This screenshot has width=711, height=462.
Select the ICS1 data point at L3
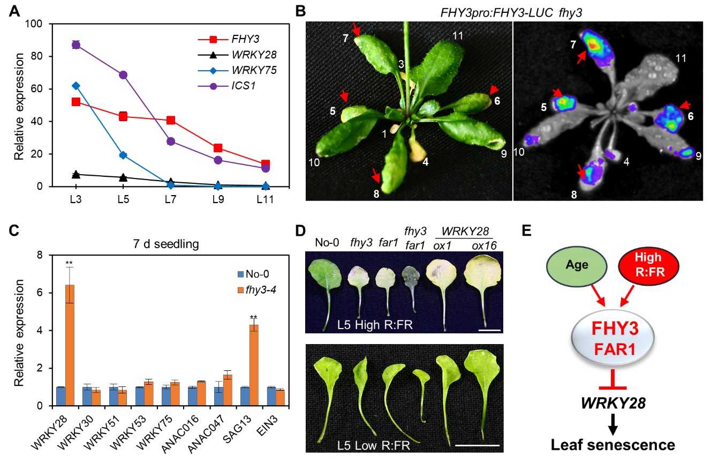pyautogui.click(x=76, y=45)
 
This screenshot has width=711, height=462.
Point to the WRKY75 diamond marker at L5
pyautogui.click(x=123, y=155)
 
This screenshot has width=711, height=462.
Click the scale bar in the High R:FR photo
pyautogui.click(x=489, y=330)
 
